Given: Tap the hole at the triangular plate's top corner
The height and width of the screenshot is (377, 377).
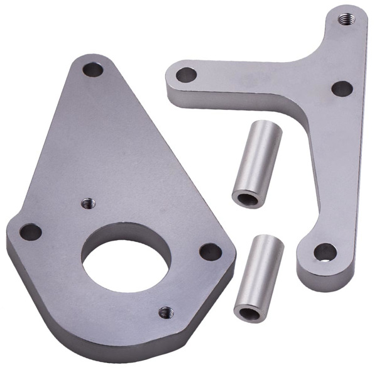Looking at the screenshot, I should pyautogui.click(x=93, y=69).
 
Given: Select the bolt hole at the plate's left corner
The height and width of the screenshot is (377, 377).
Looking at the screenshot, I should pyautogui.click(x=30, y=232).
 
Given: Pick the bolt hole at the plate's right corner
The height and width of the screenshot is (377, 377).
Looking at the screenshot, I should pyautogui.click(x=210, y=251).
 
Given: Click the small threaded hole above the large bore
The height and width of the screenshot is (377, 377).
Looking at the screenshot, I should pyautogui.click(x=88, y=202).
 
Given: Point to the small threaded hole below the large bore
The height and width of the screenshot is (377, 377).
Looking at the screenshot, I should pyautogui.click(x=166, y=312).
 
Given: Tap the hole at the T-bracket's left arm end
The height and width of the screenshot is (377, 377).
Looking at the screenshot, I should pyautogui.click(x=186, y=75).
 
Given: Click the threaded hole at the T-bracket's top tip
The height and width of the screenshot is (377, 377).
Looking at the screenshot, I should pyautogui.click(x=345, y=19).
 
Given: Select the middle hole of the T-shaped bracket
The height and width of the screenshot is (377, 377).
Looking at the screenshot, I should pyautogui.click(x=342, y=89).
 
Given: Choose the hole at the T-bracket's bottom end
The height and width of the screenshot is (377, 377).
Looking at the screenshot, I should pyautogui.click(x=325, y=252).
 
